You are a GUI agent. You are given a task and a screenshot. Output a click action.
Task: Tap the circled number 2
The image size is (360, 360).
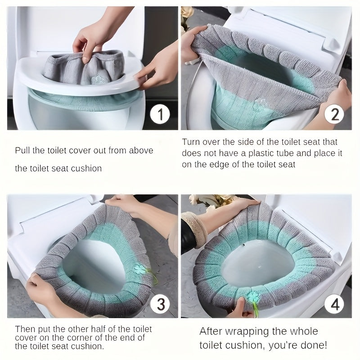334,114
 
